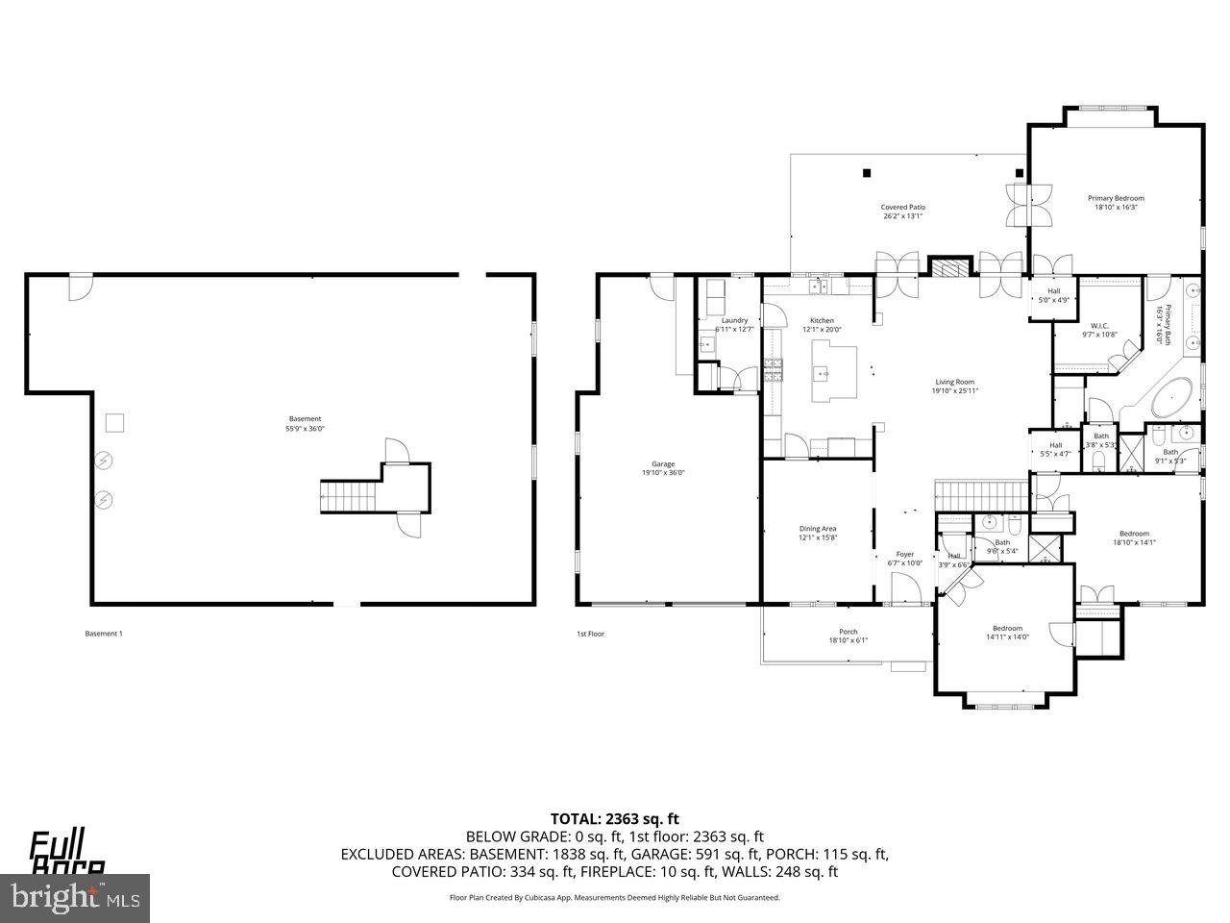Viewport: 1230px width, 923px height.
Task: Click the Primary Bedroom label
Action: pyautogui.click(x=1116, y=198)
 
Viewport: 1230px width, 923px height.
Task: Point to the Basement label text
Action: pyautogui.click(x=305, y=419)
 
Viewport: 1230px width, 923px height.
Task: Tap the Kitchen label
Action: pyautogui.click(x=822, y=321)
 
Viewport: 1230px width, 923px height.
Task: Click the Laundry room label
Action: pyautogui.click(x=734, y=321)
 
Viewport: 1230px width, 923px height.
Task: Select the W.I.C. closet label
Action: pyautogui.click(x=1099, y=326)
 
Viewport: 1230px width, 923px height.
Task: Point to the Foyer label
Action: pyautogui.click(x=904, y=555)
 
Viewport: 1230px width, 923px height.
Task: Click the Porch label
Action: pyautogui.click(x=848, y=632)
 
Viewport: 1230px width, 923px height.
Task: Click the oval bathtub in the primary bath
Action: pyautogui.click(x=1169, y=399)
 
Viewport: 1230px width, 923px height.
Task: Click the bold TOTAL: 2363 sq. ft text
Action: pyautogui.click(x=614, y=819)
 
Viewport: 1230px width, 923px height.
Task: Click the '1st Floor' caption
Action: pyautogui.click(x=590, y=634)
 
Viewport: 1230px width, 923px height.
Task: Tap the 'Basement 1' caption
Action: pyautogui.click(x=104, y=634)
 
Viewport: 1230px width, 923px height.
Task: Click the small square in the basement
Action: pyautogui.click(x=114, y=421)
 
